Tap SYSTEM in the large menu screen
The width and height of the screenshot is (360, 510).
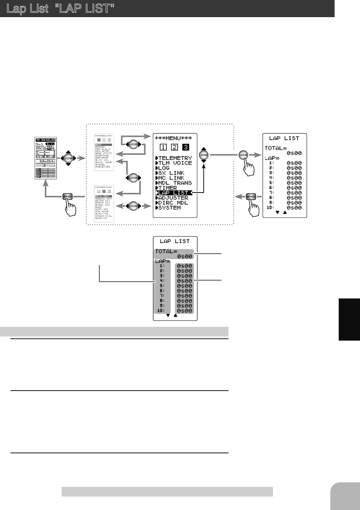click(x=169, y=208)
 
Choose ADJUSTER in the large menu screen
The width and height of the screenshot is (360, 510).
click(x=173, y=198)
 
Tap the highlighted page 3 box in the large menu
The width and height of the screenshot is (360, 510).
click(x=186, y=147)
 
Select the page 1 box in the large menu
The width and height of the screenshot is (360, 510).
click(x=163, y=147)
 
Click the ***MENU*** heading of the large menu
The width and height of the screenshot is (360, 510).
click(x=173, y=138)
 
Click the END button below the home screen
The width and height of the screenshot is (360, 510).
click(x=68, y=197)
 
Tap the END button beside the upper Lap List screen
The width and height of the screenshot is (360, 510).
click(x=251, y=197)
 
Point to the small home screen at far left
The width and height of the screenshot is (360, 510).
click(x=46, y=158)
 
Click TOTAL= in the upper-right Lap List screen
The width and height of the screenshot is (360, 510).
click(x=276, y=148)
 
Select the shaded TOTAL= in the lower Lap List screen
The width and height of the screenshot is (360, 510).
click(x=166, y=251)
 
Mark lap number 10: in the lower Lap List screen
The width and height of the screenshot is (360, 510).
click(x=161, y=310)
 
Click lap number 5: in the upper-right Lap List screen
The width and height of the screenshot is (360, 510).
click(x=271, y=183)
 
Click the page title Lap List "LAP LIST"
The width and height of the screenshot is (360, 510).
click(x=60, y=9)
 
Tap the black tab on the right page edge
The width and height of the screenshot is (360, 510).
click(x=349, y=319)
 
